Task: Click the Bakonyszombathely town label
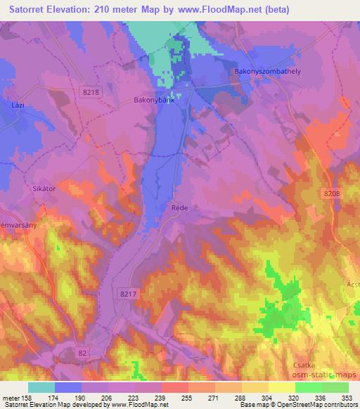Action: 269,72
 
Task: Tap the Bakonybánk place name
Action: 153,100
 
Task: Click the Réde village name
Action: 179,209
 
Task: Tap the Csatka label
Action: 307,365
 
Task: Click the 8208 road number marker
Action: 332,194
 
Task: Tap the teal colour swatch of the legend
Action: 41,387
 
